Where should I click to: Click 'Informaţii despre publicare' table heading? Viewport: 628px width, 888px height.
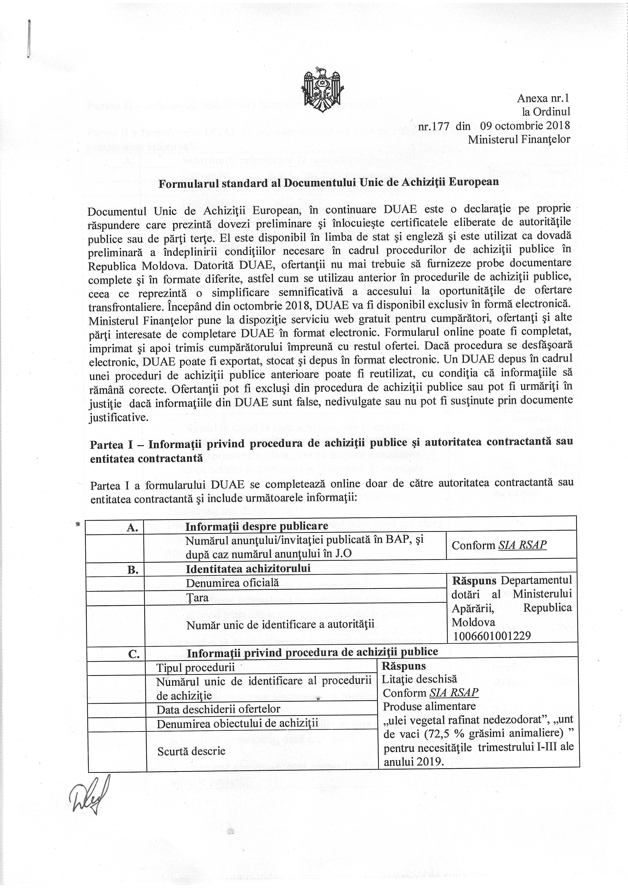[x=257, y=526]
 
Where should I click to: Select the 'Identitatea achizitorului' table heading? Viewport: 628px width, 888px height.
[x=248, y=569]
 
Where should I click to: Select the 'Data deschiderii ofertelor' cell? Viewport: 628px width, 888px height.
[x=218, y=709]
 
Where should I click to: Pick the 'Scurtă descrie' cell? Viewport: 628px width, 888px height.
[x=191, y=751]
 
